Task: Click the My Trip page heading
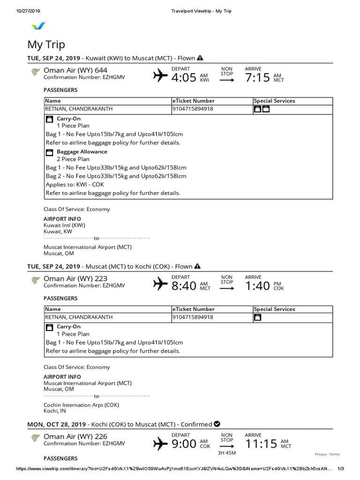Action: tap(46, 45)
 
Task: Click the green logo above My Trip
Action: tap(38, 27)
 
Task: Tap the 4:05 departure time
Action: tap(183, 77)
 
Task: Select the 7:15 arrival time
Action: tap(257, 77)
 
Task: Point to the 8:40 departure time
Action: tap(183, 285)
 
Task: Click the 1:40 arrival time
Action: tap(257, 285)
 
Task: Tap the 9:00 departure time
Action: tap(183, 443)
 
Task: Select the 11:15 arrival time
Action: tap(261, 443)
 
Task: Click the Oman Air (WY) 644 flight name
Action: tap(75, 70)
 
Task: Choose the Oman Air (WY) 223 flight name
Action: tap(75, 278)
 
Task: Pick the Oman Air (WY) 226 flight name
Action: tap(75, 436)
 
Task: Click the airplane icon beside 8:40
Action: tap(160, 284)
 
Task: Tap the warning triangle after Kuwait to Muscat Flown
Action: tap(200, 58)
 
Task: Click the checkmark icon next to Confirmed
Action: tap(217, 424)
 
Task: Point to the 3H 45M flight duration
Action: tap(227, 453)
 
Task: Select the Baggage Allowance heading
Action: tap(82, 152)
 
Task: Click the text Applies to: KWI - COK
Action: tap(75, 184)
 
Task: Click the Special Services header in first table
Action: tap(274, 101)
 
